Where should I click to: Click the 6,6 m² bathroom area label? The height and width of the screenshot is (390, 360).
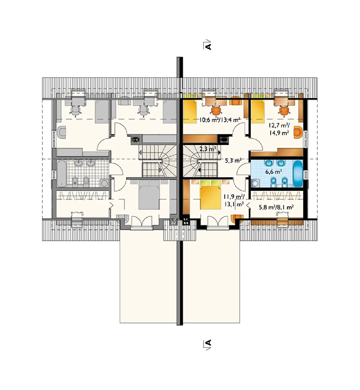coord(274,172)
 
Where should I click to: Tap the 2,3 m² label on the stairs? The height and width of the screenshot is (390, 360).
coord(208,149)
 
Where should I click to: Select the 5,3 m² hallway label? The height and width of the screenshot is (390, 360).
coord(233,161)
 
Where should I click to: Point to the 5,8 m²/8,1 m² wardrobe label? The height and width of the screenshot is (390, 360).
coord(276,207)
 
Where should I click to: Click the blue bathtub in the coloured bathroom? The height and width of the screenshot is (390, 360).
coord(298,174)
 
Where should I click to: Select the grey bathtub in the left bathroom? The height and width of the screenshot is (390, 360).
coord(61,173)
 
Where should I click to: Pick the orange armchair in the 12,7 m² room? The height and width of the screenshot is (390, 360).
coord(298,132)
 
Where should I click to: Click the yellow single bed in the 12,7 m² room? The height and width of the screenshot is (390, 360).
coord(258,111)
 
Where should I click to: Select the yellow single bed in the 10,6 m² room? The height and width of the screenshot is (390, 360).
coord(190,111)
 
